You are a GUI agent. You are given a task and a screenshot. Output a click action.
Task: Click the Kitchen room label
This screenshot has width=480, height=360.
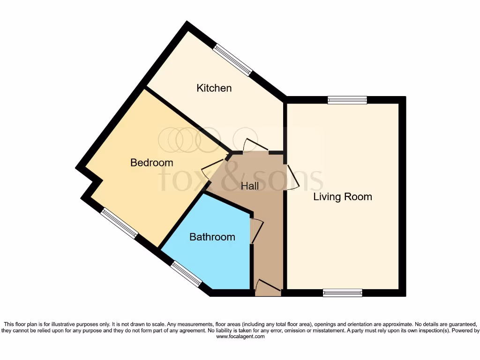click(214, 88)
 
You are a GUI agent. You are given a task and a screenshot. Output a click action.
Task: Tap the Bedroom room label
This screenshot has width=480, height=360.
click(151, 163)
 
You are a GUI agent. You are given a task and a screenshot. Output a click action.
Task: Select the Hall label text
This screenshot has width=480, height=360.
click(249, 186)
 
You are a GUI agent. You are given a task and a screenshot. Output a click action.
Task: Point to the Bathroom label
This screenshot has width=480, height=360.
click(212, 237)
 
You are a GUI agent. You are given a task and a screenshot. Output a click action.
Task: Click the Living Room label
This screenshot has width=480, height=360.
click(342, 197)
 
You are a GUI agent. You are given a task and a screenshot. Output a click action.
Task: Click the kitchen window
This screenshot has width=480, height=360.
click(233, 60)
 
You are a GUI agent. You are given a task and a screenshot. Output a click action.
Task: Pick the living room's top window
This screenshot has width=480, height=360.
click(347, 100)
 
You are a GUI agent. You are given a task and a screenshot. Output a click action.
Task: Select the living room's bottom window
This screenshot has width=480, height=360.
click(343, 293)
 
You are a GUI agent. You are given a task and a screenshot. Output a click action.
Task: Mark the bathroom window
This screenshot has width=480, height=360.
click(186, 274)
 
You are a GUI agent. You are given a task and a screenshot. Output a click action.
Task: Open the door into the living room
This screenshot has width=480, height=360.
click(292, 177)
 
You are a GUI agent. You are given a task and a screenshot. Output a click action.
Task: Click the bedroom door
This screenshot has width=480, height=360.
click(213, 167)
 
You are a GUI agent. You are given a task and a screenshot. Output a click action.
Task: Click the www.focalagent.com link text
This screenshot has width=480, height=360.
click(240, 337)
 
